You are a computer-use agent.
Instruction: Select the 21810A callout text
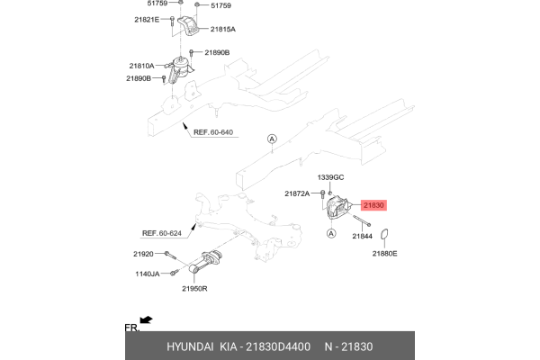[x=141, y=66]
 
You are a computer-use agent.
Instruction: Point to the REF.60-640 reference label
[x=213, y=132]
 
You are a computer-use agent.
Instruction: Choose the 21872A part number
[x=297, y=193]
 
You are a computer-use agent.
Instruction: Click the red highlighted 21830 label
[x=373, y=206]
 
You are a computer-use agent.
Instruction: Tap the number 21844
[x=362, y=236]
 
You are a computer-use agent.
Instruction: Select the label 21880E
[x=385, y=255]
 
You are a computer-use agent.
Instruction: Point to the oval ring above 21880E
[x=382, y=237]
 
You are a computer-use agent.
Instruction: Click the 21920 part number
[x=143, y=255]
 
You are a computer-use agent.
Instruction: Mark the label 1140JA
[x=148, y=273]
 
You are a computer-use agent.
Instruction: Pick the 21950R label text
[x=194, y=289]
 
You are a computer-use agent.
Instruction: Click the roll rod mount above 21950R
[x=209, y=264]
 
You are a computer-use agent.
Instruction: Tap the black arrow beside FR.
[x=147, y=319]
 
